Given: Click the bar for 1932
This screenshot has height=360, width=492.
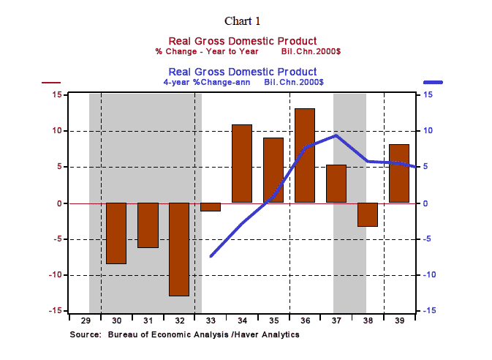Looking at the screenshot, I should tap(179, 249).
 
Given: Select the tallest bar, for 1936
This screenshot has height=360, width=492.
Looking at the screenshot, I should tap(305, 155).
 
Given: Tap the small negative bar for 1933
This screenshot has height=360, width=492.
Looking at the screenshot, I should tap(211, 207).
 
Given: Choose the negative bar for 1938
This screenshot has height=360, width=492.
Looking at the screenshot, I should tap(368, 214).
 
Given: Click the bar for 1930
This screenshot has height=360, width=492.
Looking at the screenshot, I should tap(116, 233).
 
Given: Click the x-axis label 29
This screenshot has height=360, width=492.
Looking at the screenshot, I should tap(85, 320).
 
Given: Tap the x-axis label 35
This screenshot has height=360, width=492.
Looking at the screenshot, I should tap(273, 320).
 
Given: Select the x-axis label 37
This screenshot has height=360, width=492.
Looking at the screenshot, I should tap(336, 320).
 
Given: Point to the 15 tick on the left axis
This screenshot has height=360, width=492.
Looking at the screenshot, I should tap(56, 95).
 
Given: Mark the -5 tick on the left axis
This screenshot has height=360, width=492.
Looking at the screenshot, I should tap(55, 239).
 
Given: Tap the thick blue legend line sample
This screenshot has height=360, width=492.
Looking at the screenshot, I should tap(436, 83).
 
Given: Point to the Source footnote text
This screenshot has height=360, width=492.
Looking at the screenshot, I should tap(184, 334).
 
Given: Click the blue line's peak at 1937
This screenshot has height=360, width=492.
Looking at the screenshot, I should tap(336, 135).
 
